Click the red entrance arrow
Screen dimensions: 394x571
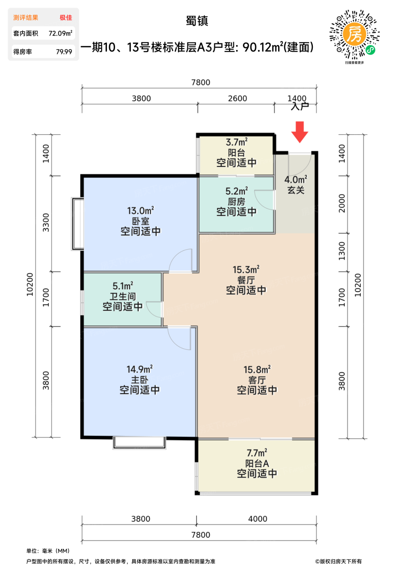pos(299,132)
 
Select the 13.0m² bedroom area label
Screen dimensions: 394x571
pos(140,211)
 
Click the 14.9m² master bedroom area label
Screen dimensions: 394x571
pos(139,369)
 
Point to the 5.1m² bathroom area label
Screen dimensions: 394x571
pos(123,286)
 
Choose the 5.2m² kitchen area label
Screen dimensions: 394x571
pos(237,191)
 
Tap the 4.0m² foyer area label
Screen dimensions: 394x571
pos(296,179)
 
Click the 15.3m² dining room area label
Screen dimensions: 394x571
pos(246,270)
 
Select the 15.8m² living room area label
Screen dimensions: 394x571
pos(257,370)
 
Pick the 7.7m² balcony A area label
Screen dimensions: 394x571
pos(257,453)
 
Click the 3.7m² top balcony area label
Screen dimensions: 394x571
pos(237,142)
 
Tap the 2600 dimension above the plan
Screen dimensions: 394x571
pos(237,98)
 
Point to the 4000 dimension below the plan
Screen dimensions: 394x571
pos(258,519)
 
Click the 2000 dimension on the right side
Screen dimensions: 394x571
pos(342,203)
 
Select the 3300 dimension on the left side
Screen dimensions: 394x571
pos(46,223)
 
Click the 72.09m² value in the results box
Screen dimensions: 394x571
pos(60,33)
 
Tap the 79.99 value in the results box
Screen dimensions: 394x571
pos(64,52)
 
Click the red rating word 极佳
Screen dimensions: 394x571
pos(66,18)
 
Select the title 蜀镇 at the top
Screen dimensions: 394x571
pos(197,21)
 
